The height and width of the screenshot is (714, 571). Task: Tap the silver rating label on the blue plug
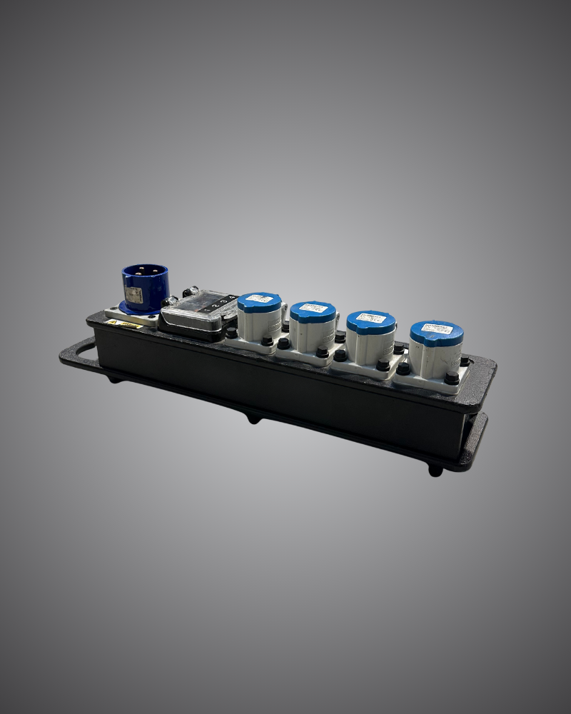pyautogui.click(x=133, y=296)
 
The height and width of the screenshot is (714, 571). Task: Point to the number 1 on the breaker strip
pyautogui.click(x=206, y=309)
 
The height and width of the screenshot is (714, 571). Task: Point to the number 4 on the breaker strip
pyautogui.click(x=231, y=298)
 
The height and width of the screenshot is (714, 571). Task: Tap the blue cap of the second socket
pyautogui.click(x=313, y=311)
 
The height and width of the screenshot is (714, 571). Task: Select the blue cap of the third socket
pyautogui.click(x=371, y=321)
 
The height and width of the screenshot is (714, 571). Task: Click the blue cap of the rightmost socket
pyautogui.click(x=436, y=333)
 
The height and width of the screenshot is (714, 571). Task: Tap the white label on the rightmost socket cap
pyautogui.click(x=436, y=330)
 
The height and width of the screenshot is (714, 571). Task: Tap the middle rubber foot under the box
pyautogui.click(x=253, y=418)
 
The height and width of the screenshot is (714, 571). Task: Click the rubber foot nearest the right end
pyautogui.click(x=435, y=471)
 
